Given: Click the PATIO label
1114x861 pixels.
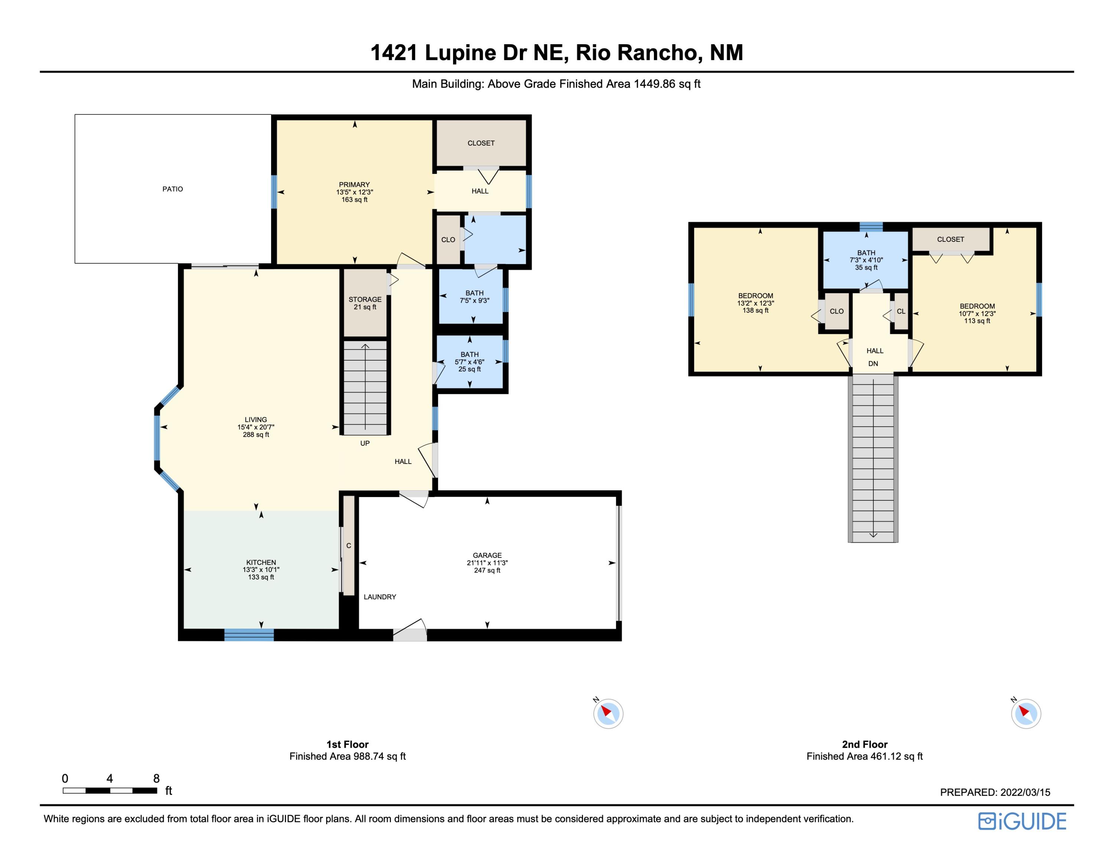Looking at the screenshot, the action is click(x=172, y=189).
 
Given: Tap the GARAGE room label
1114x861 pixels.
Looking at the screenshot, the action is click(x=487, y=563).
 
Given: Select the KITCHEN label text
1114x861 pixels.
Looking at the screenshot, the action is click(x=261, y=570).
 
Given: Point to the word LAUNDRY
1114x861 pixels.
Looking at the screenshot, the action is click(x=380, y=597).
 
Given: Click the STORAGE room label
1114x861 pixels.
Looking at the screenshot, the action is click(x=365, y=303).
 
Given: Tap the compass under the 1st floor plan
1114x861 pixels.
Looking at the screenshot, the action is click(x=608, y=713).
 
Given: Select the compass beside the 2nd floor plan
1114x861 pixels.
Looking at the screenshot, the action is click(x=1026, y=713).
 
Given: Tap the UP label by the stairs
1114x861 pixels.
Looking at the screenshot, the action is click(x=365, y=443).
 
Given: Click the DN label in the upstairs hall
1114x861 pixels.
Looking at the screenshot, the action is click(x=873, y=364).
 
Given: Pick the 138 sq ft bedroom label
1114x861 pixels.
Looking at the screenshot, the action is click(x=755, y=303).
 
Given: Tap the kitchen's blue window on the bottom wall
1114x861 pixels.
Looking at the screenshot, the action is click(x=249, y=635).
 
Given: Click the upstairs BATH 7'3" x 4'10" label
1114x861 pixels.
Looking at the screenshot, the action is click(x=866, y=260).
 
